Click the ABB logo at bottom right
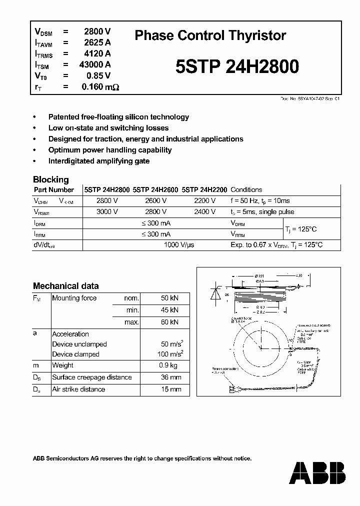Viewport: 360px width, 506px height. (317, 472)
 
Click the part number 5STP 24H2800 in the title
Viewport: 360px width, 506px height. (237, 66)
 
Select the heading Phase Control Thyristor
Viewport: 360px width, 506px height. (210, 35)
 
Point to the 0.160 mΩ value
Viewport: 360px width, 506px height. (100, 87)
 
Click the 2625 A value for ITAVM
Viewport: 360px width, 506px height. (97, 42)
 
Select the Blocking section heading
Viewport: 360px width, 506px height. (50, 179)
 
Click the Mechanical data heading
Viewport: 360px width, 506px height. (65, 286)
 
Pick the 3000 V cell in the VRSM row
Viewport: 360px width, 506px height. (107, 211)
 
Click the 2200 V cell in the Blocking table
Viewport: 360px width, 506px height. (204, 200)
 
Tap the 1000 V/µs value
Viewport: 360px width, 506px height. (179, 245)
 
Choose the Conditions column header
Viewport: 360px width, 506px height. (246, 190)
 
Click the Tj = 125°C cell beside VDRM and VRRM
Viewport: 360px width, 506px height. (300, 229)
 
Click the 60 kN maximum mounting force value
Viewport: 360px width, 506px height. (169, 322)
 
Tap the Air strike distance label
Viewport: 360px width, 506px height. (78, 389)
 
